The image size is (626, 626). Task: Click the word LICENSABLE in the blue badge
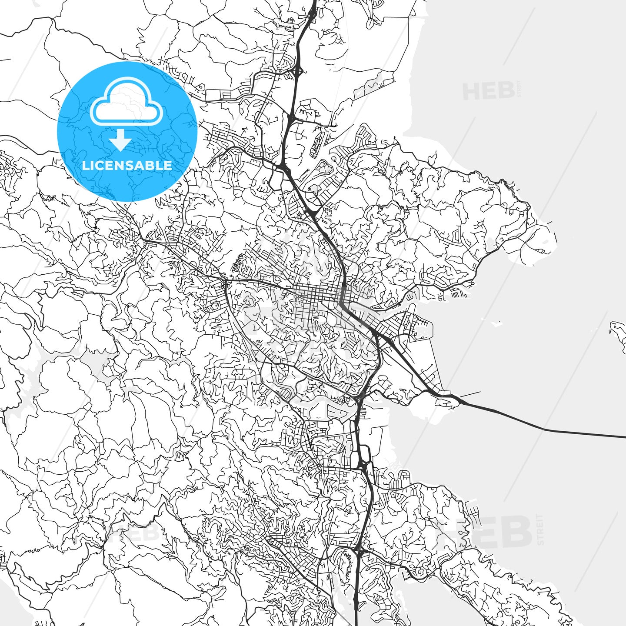point(127,166)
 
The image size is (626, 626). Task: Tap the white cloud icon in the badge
point(127,102)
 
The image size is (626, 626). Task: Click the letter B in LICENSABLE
point(153,166)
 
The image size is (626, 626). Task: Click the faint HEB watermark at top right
point(489,91)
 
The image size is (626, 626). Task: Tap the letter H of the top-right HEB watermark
point(470,91)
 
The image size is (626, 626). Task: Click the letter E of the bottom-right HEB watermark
point(487,531)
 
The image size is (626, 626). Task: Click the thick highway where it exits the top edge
point(314,2)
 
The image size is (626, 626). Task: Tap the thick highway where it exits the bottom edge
point(356,623)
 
